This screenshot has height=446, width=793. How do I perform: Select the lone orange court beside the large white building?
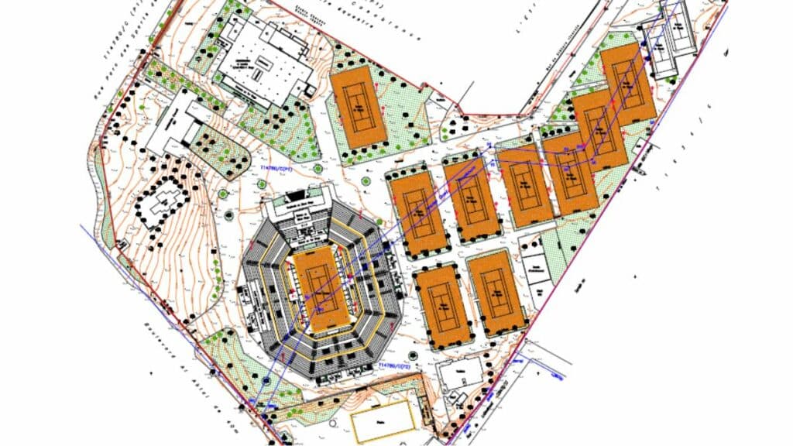(359, 107)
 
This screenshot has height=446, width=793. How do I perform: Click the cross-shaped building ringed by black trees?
(165, 201)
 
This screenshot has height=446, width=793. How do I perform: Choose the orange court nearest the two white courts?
(629, 82)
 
